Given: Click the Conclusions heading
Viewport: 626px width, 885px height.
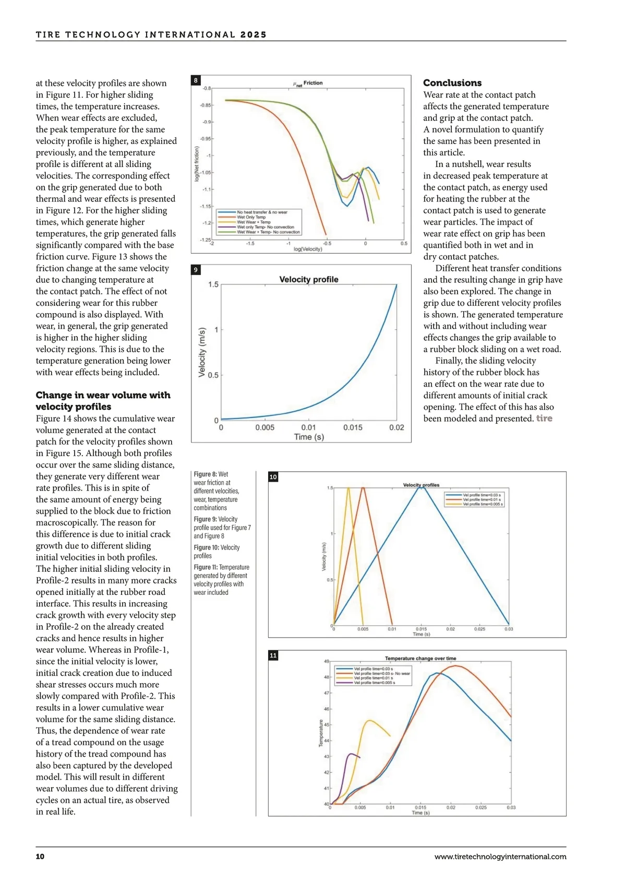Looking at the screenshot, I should [452, 83].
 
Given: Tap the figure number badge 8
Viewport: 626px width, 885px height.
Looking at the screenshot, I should [196, 80].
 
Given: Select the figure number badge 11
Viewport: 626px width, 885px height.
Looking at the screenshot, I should [273, 655].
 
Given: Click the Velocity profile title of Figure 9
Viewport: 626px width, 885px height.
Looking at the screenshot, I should [308, 280].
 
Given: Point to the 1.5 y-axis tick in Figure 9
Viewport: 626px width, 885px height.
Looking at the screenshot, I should [213, 284].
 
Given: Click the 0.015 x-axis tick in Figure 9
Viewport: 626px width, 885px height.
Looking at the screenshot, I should [353, 427].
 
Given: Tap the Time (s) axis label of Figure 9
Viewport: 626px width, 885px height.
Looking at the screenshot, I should [309, 437].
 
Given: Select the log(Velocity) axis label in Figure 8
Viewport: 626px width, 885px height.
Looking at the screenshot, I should [308, 249].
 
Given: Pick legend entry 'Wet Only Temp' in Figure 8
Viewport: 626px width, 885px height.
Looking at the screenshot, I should [251, 217].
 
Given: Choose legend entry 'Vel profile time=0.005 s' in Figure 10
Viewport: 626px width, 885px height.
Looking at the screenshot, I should [481, 504].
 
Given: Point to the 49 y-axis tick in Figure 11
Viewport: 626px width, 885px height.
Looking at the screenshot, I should [327, 661].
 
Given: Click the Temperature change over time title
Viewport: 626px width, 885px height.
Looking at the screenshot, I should [420, 659].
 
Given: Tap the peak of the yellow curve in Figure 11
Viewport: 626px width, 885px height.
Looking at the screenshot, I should [369, 721].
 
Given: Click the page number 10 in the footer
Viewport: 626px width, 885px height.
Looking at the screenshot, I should [40, 856].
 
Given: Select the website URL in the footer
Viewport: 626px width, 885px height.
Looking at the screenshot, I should [500, 856].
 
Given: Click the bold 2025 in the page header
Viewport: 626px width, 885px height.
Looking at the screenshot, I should [254, 35].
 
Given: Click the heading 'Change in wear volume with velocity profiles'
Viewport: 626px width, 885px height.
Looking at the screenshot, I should [103, 401].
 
